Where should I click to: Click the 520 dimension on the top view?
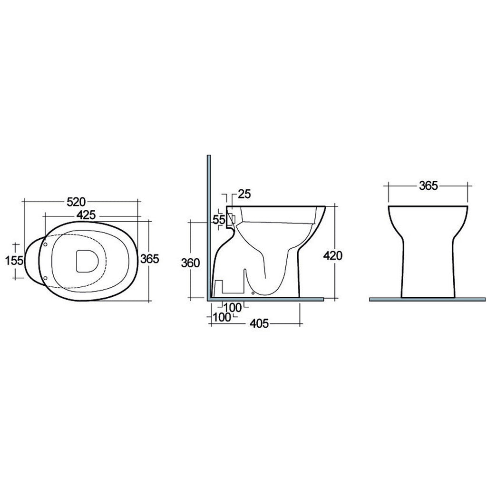click(76, 202)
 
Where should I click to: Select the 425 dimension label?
click(86, 215)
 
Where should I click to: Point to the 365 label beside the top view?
click(149, 259)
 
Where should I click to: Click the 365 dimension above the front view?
click(428, 186)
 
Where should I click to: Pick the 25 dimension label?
click(244, 194)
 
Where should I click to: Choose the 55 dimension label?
click(219, 219)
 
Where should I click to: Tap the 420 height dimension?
click(333, 255)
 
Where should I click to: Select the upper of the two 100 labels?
click(233, 307)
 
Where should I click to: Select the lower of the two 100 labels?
click(222, 317)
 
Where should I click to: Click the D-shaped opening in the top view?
click(86, 260)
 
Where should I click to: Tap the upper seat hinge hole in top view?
click(46, 244)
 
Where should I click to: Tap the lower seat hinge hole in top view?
click(46, 277)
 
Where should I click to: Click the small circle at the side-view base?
click(252, 293)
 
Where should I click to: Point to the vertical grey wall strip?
click(208, 224)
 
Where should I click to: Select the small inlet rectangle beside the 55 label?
click(231, 219)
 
